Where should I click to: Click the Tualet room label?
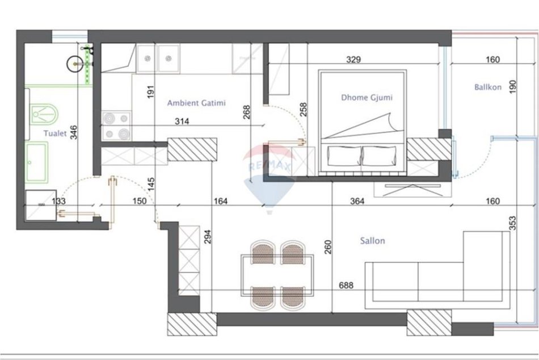(x=55, y=133)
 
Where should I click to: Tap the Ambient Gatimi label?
(x=196, y=103)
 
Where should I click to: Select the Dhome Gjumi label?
(x=367, y=98)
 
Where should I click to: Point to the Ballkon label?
(x=488, y=87)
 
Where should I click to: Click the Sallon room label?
(x=372, y=241)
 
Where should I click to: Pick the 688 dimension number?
(x=346, y=285)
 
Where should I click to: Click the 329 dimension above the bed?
(x=353, y=60)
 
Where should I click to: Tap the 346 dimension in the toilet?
(x=74, y=132)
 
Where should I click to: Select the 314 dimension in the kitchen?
(x=182, y=121)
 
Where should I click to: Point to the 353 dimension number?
(x=512, y=223)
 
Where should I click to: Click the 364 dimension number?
(x=357, y=201)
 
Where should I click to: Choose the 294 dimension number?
(x=208, y=237)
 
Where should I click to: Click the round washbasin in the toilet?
(x=75, y=64)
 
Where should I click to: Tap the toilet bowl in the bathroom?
(x=44, y=114)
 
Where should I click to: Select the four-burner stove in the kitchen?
(x=116, y=125)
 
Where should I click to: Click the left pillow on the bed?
(x=344, y=156)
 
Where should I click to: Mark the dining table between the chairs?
(x=277, y=275)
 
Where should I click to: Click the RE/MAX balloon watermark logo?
(x=269, y=179)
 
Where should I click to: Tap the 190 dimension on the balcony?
(x=512, y=87)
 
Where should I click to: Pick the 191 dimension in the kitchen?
(x=150, y=92)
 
